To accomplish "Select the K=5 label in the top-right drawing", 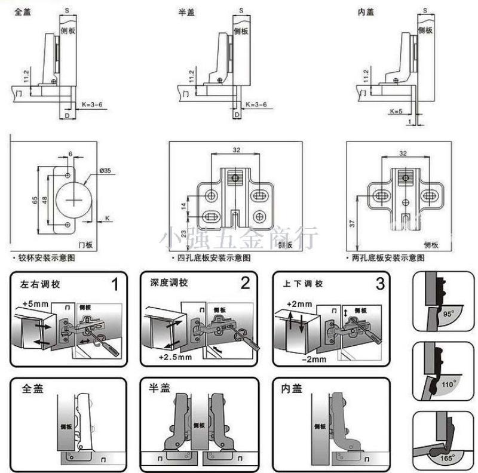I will click(396, 111).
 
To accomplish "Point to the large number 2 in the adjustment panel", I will click(245, 283).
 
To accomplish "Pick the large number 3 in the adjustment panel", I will click(379, 283).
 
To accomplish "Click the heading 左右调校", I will click(40, 283).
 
